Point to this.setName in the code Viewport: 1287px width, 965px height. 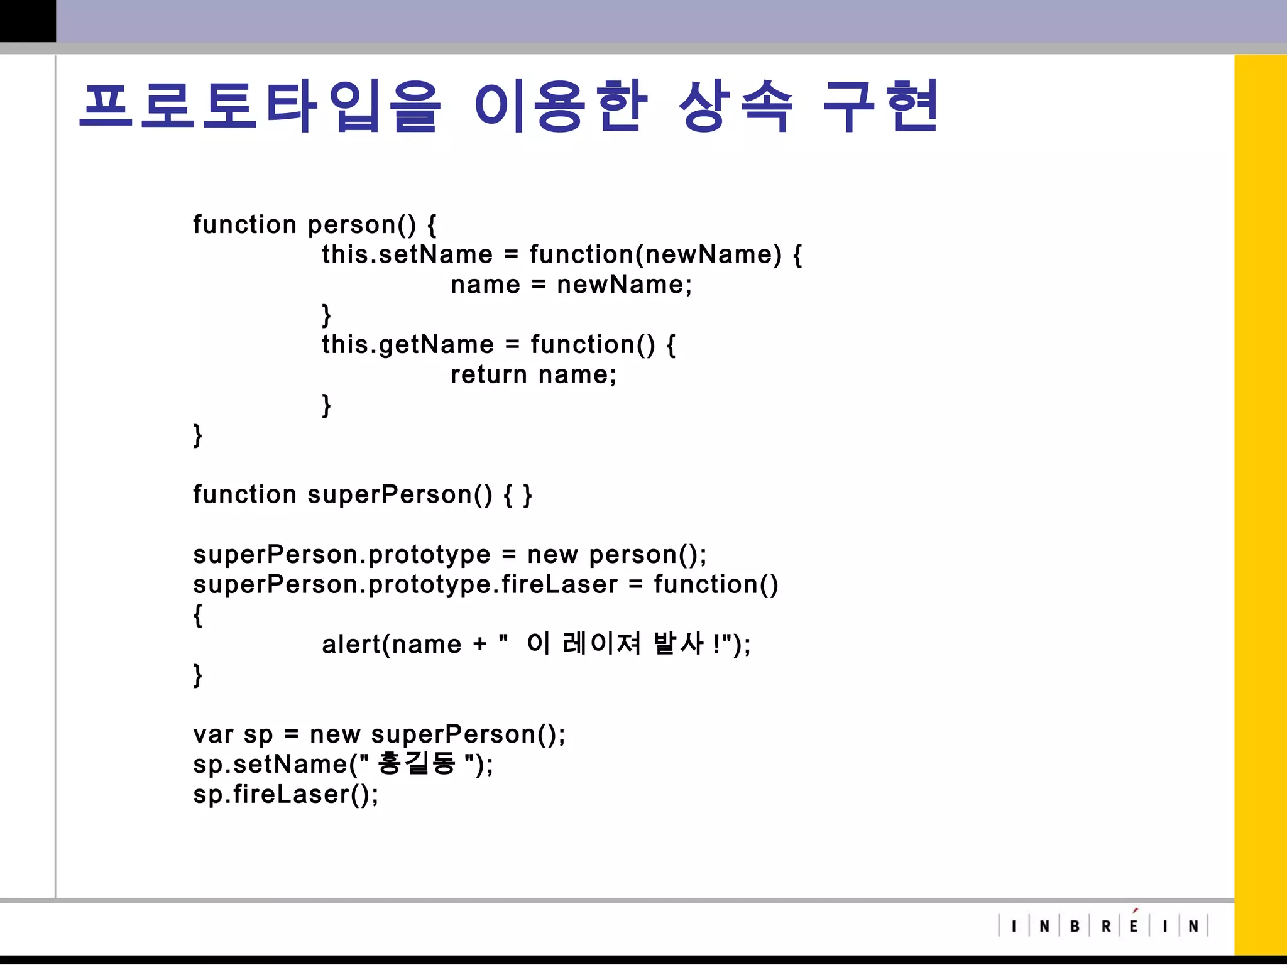(x=407, y=254)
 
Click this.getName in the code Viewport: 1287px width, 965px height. (x=408, y=344)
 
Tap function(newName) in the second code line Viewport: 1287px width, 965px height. (x=655, y=254)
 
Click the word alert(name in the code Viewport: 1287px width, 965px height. (x=392, y=644)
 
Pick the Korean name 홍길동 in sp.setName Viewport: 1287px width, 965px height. (x=416, y=763)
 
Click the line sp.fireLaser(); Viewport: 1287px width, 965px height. (x=286, y=794)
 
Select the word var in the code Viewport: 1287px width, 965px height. (x=213, y=734)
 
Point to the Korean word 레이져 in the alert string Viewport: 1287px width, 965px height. (x=601, y=643)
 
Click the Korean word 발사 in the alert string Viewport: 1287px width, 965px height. (x=679, y=643)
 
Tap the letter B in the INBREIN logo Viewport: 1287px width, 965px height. (x=1075, y=926)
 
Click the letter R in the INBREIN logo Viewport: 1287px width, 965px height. (x=1106, y=926)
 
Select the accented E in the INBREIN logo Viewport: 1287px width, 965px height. (x=1134, y=925)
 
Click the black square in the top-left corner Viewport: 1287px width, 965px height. (x=28, y=21)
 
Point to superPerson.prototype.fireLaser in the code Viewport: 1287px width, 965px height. (x=405, y=585)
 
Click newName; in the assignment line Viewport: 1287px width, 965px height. (x=624, y=285)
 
